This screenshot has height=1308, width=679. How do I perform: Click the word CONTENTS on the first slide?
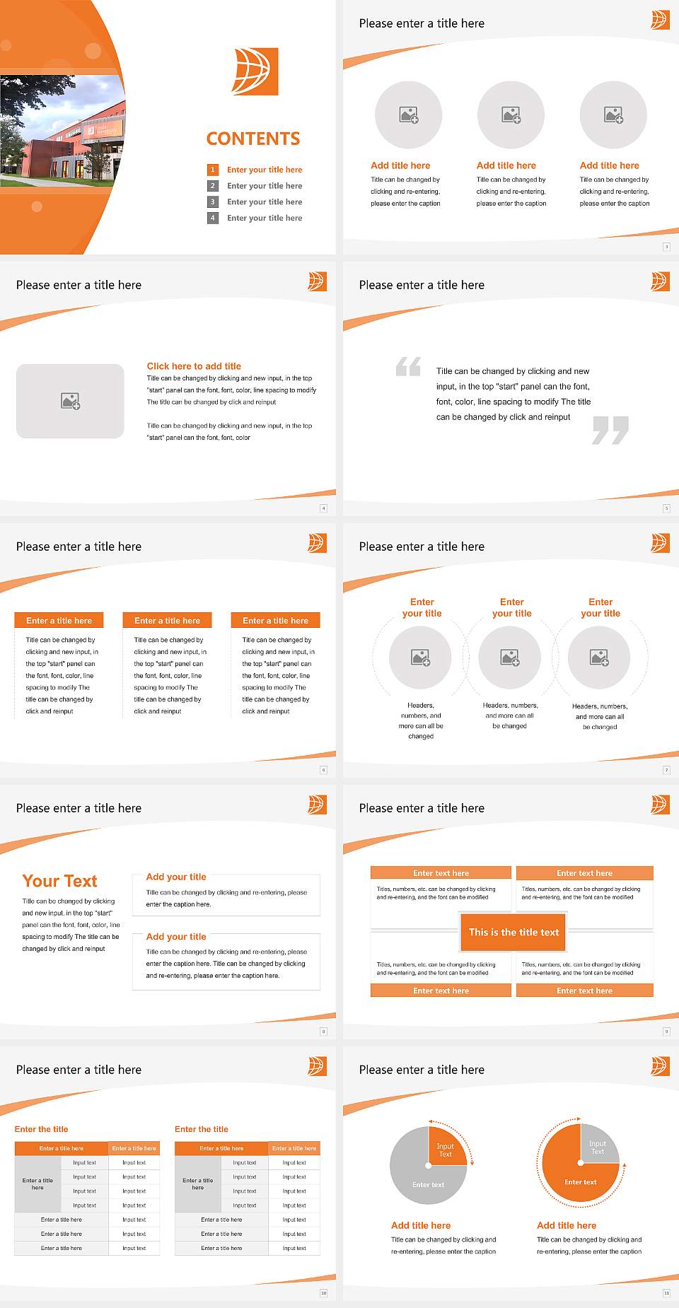point(253,139)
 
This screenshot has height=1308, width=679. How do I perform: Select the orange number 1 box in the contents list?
point(212,170)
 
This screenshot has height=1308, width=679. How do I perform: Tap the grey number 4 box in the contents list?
point(212,218)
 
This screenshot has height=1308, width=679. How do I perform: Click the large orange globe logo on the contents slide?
point(255,71)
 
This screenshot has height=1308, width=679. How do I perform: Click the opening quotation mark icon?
point(408,366)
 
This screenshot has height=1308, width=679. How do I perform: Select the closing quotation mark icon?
point(610,430)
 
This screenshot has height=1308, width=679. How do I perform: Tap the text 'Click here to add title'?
point(194,366)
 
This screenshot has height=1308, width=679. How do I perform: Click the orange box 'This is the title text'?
point(513,932)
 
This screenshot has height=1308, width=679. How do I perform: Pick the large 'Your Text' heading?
point(60,881)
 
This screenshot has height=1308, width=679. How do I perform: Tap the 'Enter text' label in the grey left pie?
point(428,1185)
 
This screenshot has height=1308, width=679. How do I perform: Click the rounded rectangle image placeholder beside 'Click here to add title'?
point(70,401)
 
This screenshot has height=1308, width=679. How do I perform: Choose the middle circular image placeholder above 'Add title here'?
point(511,115)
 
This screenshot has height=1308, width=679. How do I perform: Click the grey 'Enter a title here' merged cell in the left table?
point(37,1184)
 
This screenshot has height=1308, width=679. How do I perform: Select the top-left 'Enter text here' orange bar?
point(441,873)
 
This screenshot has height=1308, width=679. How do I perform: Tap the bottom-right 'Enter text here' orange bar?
point(584,991)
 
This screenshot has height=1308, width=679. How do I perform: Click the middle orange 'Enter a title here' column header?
point(167,621)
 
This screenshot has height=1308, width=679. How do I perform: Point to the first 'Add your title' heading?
point(176,877)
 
